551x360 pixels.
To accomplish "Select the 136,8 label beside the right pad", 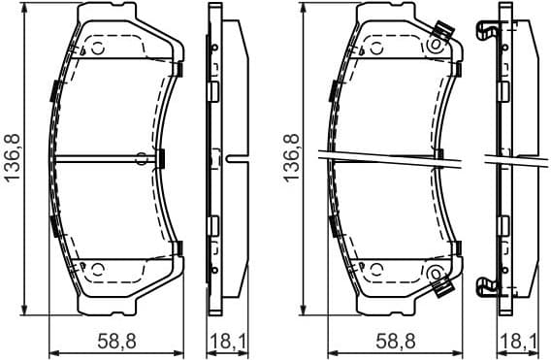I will pos(289,158).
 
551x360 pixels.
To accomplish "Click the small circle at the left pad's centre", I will pos(142,158).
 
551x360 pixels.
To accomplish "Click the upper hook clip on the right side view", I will pos(487,31).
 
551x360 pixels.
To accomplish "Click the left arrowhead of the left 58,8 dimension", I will pos(52,351).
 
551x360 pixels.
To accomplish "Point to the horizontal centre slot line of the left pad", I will pos(97,158).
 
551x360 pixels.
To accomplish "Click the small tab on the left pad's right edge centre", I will pos(162,158).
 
